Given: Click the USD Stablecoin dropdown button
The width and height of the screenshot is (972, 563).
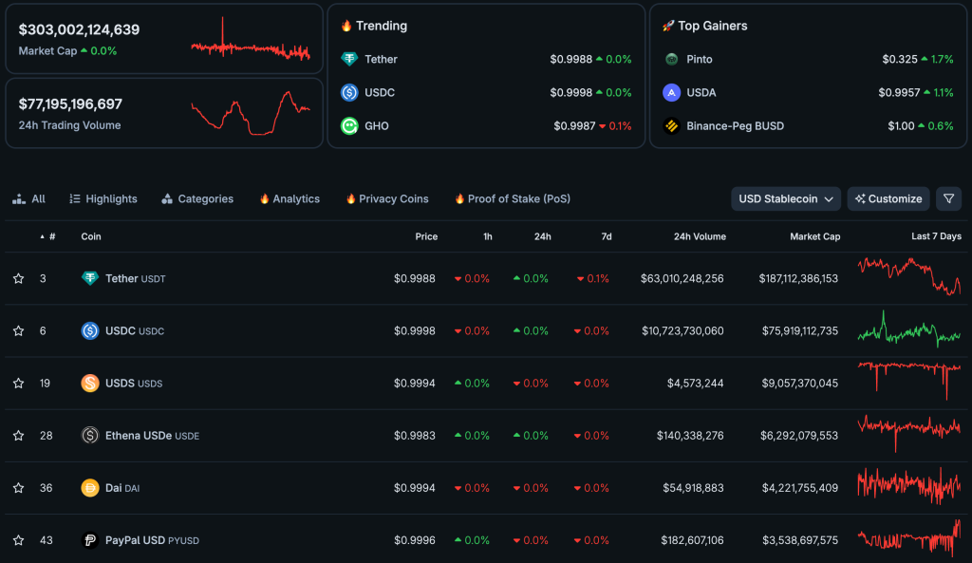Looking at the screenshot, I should [786, 198].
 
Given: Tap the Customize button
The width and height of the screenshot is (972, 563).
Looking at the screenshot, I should [888, 198].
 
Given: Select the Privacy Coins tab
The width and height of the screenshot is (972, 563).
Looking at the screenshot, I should [387, 198].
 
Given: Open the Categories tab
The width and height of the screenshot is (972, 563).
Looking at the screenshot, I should [197, 198].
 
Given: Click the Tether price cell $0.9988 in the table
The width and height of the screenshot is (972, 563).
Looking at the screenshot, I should [415, 278].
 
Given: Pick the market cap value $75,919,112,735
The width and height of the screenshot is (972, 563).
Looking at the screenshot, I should [798, 330].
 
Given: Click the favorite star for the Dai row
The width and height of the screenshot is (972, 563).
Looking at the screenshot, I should [18, 488].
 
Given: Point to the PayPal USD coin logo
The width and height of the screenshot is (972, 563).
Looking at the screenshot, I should [90, 540].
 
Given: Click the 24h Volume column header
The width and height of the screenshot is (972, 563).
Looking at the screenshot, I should [700, 236].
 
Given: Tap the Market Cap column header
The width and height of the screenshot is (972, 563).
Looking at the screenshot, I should [814, 236].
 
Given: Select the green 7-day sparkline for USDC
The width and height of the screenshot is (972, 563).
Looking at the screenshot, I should [909, 330].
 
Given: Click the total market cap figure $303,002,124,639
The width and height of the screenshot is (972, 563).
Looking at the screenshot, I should [79, 29].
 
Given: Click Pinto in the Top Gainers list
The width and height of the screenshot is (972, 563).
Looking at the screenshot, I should [700, 59].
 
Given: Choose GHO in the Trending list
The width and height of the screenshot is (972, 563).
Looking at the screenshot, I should [377, 125].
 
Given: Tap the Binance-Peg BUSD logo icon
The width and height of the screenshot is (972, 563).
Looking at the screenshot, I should [672, 125].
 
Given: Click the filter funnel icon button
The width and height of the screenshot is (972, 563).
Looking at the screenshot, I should [948, 198].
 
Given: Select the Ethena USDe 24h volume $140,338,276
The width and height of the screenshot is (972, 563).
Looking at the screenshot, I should [690, 436].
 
